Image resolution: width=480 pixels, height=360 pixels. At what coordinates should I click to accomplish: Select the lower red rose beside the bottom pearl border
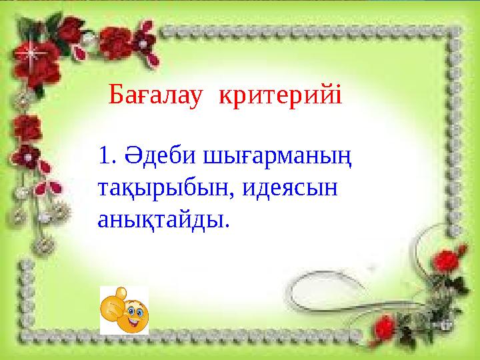tap(384, 327)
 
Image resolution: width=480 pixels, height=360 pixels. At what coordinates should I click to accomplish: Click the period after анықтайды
tap(226, 225)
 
